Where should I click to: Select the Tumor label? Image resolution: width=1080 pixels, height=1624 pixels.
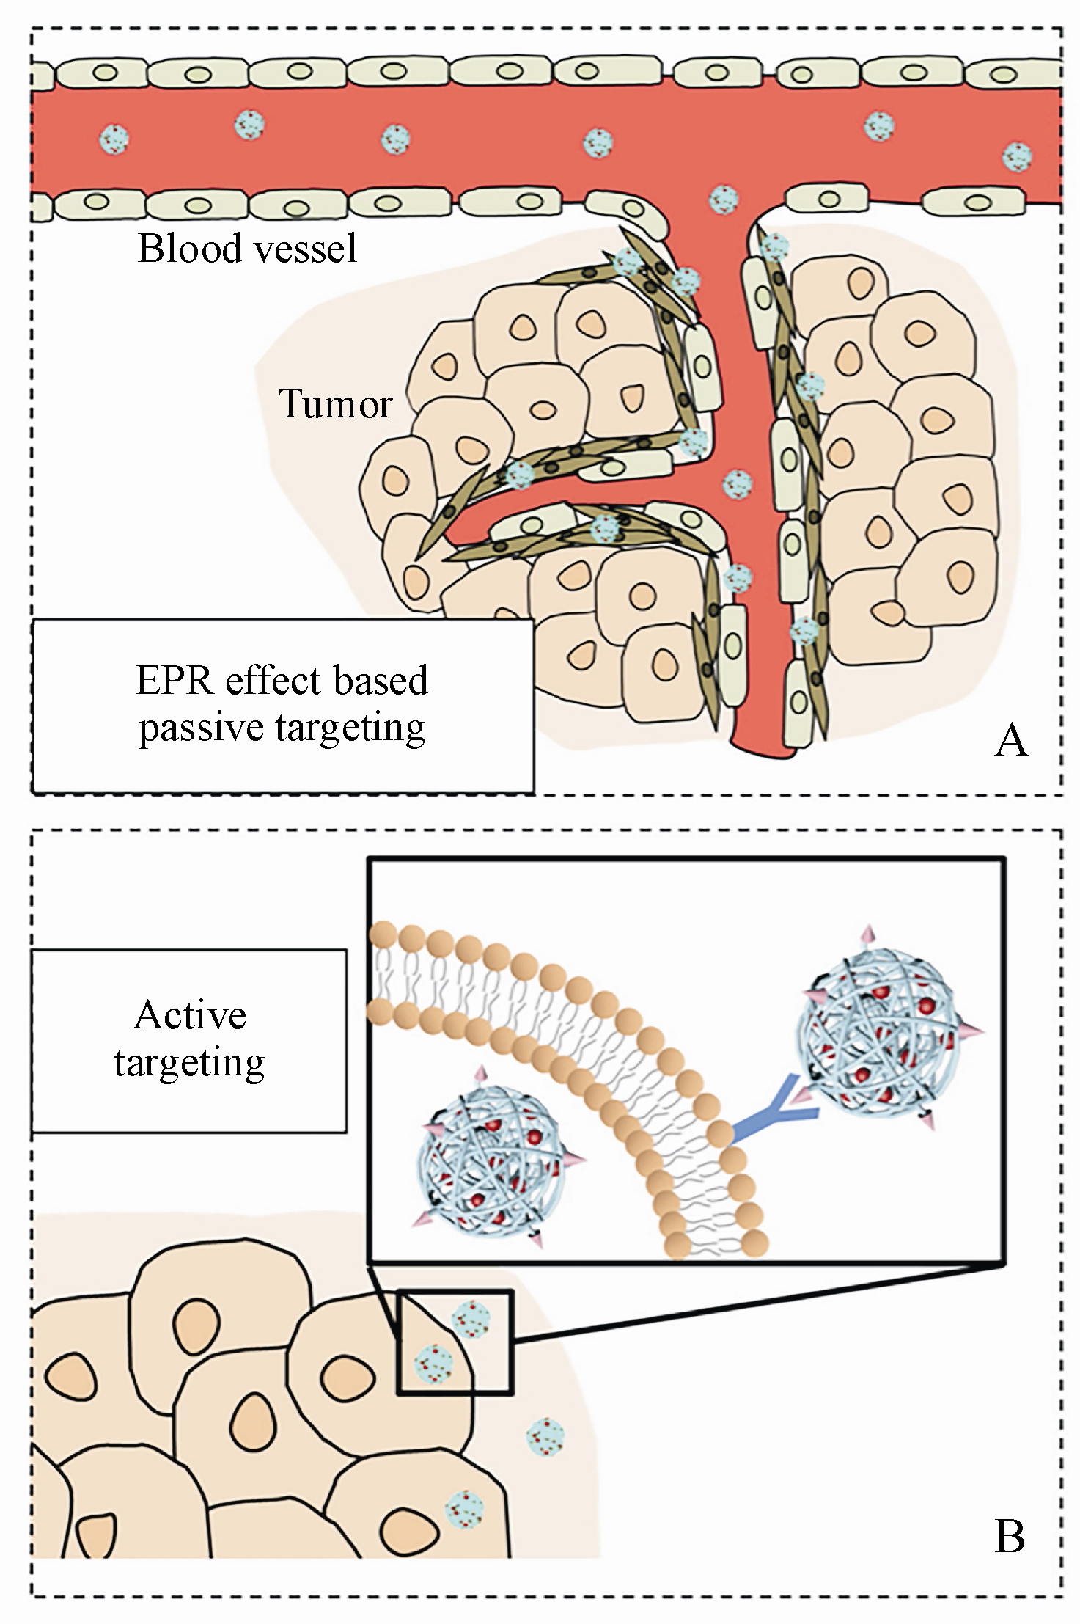335,403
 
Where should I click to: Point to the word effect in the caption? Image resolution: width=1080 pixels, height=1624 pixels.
271,680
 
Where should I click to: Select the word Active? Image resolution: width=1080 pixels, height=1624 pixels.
190,1015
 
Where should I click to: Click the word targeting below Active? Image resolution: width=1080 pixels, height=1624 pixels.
189,1063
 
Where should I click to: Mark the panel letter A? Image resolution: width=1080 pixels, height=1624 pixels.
1011,740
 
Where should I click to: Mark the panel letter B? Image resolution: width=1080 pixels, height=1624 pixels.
1010,1535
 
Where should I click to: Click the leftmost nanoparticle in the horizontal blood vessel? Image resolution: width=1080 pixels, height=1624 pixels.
114,137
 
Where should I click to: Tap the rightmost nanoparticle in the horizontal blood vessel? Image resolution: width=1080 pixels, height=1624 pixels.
1018,156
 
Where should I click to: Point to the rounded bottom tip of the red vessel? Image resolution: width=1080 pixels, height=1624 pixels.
763,751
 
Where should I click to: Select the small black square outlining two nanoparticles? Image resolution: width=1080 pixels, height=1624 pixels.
455,1342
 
